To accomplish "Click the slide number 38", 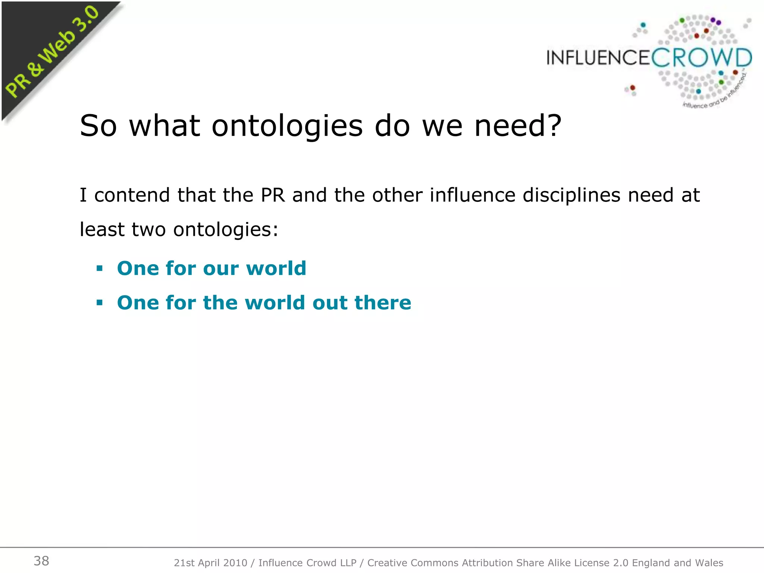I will [x=41, y=561].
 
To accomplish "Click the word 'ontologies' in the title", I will [x=287, y=126].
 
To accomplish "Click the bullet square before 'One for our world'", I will [x=99, y=268].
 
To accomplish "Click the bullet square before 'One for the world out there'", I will [x=99, y=303].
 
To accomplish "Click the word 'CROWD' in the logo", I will [x=701, y=58].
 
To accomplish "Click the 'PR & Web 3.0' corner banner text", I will [x=52, y=52].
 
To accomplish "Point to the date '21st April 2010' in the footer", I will [x=210, y=563].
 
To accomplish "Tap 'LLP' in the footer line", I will [x=348, y=563].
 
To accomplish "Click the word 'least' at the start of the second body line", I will [x=102, y=229].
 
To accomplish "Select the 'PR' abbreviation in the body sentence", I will [x=273, y=195].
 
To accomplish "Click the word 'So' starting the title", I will [x=98, y=126].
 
